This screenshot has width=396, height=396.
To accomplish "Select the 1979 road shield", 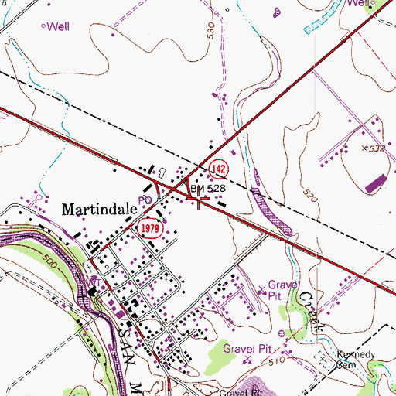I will [151, 229].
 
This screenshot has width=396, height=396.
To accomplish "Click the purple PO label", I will [143, 200].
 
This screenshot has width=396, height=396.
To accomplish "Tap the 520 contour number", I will [309, 199].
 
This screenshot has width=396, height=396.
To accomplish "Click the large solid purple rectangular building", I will [375, 183].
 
